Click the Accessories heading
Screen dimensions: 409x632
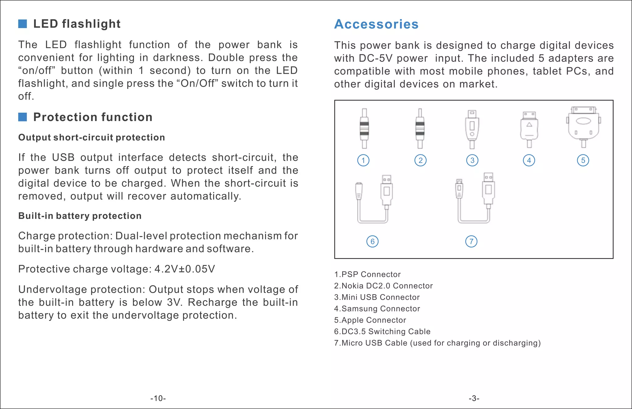(376, 24)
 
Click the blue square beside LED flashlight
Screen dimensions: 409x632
(23, 24)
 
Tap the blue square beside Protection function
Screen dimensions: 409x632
(23, 117)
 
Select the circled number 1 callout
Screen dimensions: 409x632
(363, 161)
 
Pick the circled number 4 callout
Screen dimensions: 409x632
(529, 161)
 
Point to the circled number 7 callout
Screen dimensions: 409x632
(471, 241)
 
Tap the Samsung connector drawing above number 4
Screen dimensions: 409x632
(529, 128)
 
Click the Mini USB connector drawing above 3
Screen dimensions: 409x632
(472, 128)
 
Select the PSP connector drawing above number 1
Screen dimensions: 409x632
(364, 128)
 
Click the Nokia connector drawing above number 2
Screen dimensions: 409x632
(420, 128)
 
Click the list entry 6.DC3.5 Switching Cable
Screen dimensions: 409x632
(382, 332)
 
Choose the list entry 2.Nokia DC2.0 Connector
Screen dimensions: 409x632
(383, 286)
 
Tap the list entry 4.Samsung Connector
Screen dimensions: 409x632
(377, 309)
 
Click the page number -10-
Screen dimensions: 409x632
(158, 399)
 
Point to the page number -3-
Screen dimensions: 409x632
(474, 399)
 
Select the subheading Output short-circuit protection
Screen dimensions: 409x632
(92, 137)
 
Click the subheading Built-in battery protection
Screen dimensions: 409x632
(80, 216)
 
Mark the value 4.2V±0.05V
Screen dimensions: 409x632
(185, 269)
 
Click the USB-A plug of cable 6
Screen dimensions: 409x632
(387, 190)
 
